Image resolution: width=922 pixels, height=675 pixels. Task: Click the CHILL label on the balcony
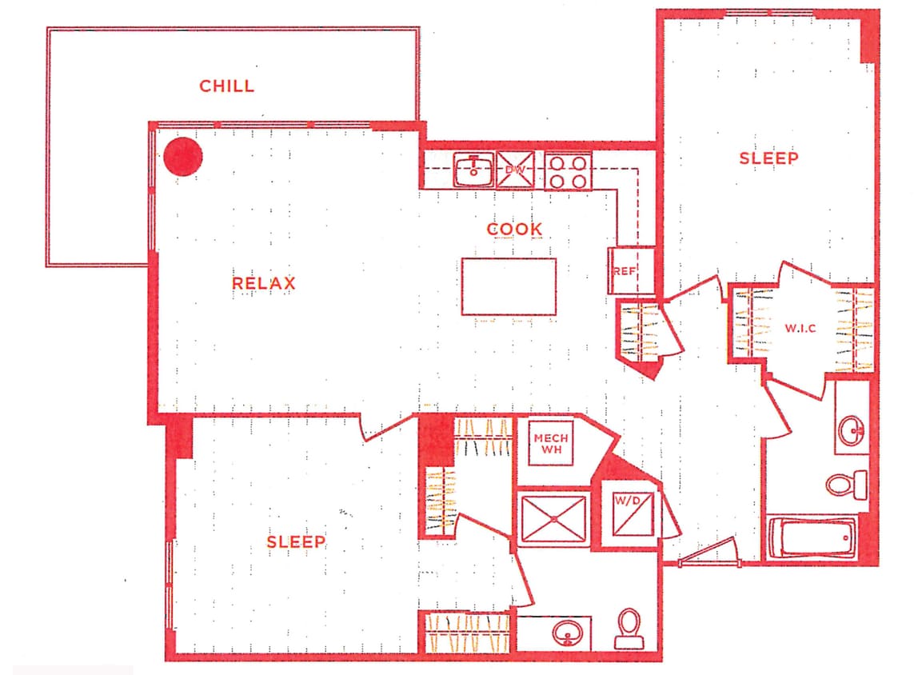pos(227,86)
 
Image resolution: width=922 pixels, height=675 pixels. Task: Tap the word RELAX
pos(264,283)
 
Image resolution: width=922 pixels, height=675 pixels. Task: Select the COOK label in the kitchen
pos(515,229)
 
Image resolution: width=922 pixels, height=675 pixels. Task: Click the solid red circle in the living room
pos(183,157)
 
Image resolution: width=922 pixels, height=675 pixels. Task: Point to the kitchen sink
pos(474,170)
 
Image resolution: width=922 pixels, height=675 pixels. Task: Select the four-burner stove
pos(568,170)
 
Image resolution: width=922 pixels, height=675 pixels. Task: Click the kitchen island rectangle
pos(509,286)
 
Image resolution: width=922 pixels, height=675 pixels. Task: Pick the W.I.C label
pos(800,329)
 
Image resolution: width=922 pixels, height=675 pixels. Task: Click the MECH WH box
pos(551,443)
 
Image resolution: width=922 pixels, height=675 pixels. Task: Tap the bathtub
pos(811,538)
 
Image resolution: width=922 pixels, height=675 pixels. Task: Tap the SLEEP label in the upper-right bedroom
pos(768,158)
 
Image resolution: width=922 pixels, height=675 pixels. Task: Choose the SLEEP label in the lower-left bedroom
pos(296,541)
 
